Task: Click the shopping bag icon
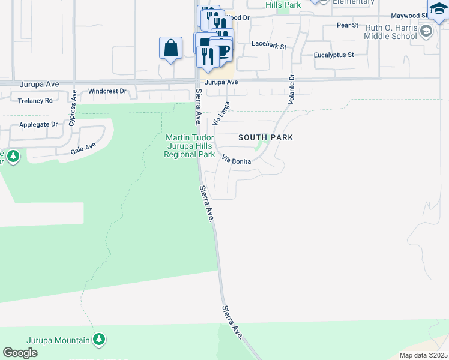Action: click(x=170, y=48)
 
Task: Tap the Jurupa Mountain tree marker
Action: click(x=99, y=340)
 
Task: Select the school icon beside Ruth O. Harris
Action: click(x=426, y=31)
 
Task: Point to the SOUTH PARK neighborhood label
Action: click(x=265, y=137)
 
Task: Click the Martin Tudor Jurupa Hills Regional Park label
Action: click(x=190, y=146)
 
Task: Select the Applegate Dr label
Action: click(x=38, y=125)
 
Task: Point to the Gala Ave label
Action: click(x=83, y=147)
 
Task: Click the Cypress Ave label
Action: click(x=73, y=104)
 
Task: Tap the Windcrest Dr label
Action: click(x=107, y=92)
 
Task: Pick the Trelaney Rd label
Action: click(x=35, y=100)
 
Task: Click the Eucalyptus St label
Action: click(x=334, y=55)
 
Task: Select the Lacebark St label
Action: click(x=269, y=44)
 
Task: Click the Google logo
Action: click(x=20, y=353)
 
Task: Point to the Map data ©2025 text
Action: click(x=423, y=355)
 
